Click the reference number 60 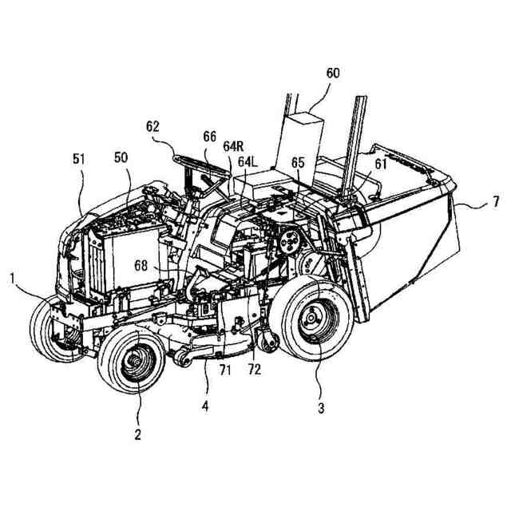tap(332, 73)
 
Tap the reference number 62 tap(153, 125)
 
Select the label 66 tap(209, 137)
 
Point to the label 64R tap(233, 146)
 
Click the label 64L tap(248, 162)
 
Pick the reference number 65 tap(297, 162)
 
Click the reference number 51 tap(79, 159)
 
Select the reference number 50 tap(121, 159)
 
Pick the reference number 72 tap(255, 370)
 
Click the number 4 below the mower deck tap(204, 406)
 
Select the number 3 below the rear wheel tap(321, 408)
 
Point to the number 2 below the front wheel tap(137, 434)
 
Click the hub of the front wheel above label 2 tap(133, 365)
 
